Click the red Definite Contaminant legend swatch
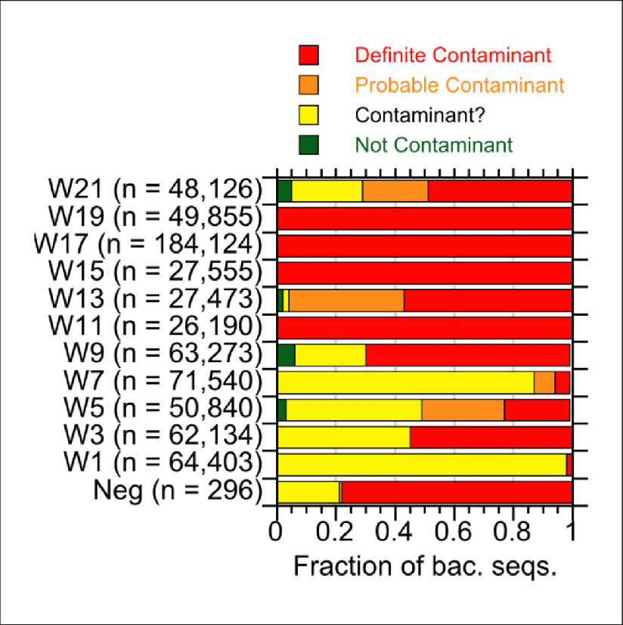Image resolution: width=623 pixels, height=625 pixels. click(x=309, y=55)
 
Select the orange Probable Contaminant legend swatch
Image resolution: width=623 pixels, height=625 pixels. click(x=309, y=85)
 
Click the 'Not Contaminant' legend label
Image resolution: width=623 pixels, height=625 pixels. click(x=433, y=144)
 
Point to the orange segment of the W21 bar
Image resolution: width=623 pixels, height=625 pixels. click(x=395, y=192)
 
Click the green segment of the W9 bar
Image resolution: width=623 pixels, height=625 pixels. click(x=286, y=354)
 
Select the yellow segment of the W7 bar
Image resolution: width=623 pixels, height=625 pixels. click(x=405, y=382)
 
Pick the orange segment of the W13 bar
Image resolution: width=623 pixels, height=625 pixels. click(x=346, y=300)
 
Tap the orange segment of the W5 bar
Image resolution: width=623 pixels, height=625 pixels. click(x=463, y=410)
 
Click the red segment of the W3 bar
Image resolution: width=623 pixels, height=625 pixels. click(x=490, y=437)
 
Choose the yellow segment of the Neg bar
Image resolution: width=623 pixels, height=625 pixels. click(x=308, y=491)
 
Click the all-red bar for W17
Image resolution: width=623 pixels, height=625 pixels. click(x=424, y=246)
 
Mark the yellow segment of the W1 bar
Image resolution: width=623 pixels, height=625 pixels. click(x=421, y=464)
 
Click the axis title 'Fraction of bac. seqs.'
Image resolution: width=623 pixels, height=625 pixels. click(x=424, y=566)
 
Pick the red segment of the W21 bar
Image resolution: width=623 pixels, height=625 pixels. click(x=499, y=192)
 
